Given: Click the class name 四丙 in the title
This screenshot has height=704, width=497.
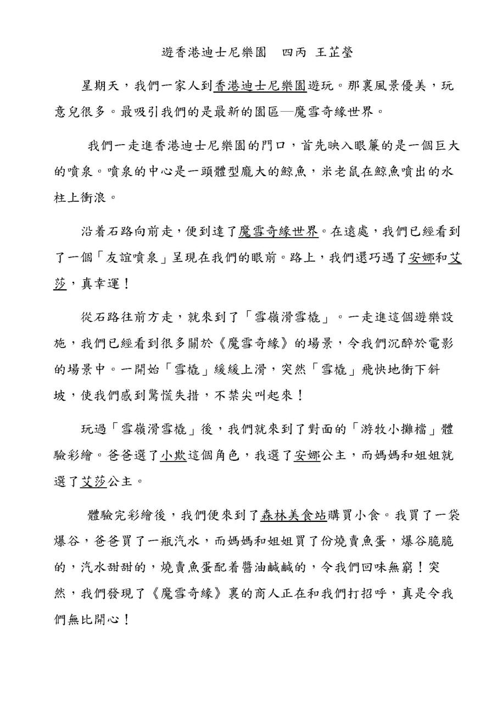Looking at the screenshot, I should pos(295,53).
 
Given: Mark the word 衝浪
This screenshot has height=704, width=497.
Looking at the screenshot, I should pos(95,197).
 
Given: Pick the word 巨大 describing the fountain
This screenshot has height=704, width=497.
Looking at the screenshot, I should pos(446,146).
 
